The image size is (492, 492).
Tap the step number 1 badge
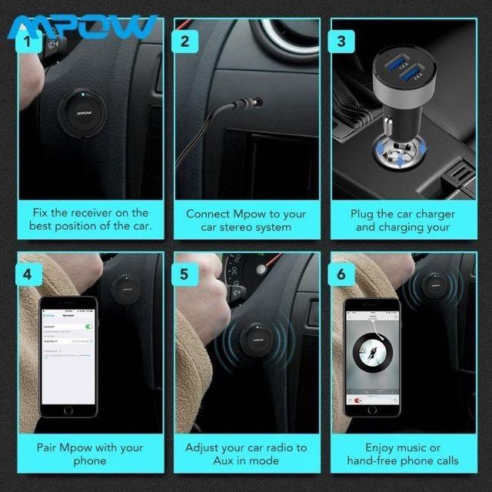click(x=29, y=41)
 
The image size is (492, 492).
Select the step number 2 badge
click(x=184, y=41)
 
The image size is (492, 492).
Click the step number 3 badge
click(x=341, y=41)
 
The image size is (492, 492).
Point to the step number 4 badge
click(x=29, y=273)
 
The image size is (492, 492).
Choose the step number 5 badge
click(x=184, y=273)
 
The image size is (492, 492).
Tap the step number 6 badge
click(x=341, y=273)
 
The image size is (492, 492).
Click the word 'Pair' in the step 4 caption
click(x=49, y=447)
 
